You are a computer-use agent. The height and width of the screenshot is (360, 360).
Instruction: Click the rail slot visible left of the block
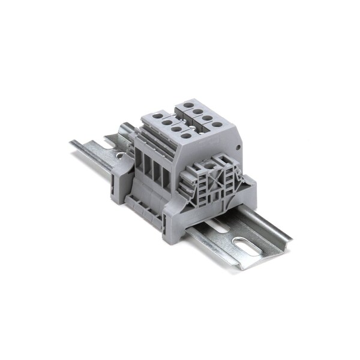pyautogui.click(x=119, y=155)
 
